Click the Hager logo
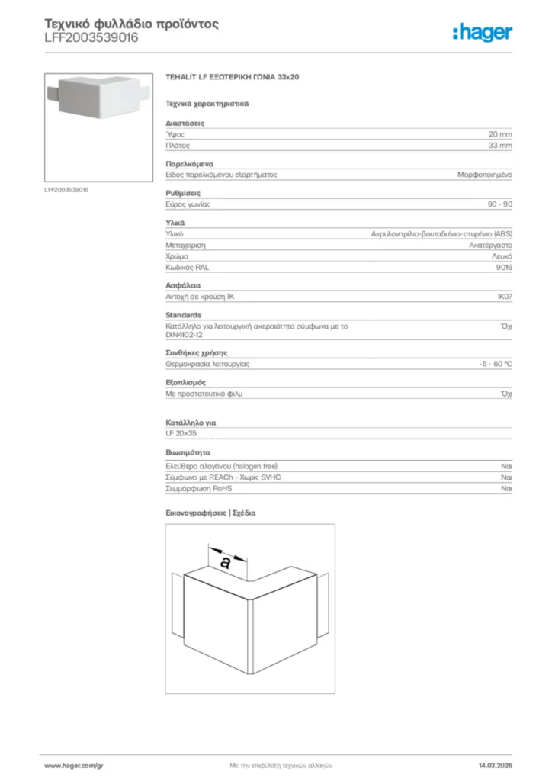[482, 32]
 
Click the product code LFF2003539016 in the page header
[91, 37]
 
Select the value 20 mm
[500, 133]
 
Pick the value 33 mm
[500, 145]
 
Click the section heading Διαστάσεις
[185, 123]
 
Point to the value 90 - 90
[499, 204]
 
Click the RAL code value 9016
[504, 268]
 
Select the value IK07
[504, 296]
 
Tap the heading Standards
[184, 315]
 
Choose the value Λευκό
[502, 257]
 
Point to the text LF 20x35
[181, 433]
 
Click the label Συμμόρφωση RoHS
[199, 488]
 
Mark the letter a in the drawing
[225, 562]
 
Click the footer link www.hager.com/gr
[74, 765]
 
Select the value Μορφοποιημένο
[484, 175]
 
